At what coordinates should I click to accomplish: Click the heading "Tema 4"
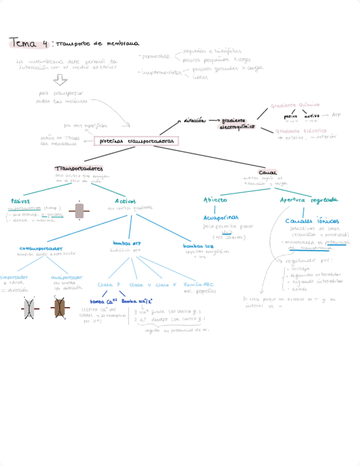[28, 43]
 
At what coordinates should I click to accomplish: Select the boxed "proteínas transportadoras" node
[136, 141]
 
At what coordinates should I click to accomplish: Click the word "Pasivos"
[20, 201]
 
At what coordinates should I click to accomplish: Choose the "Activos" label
[125, 201]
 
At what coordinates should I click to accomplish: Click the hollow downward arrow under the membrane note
[60, 81]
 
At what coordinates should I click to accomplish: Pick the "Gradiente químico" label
[295, 105]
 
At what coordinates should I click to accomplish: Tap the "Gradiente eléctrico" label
[301, 131]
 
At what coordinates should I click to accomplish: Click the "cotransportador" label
[41, 248]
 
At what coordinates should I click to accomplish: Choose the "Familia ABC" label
[197, 285]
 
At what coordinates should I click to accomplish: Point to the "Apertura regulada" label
[309, 200]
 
